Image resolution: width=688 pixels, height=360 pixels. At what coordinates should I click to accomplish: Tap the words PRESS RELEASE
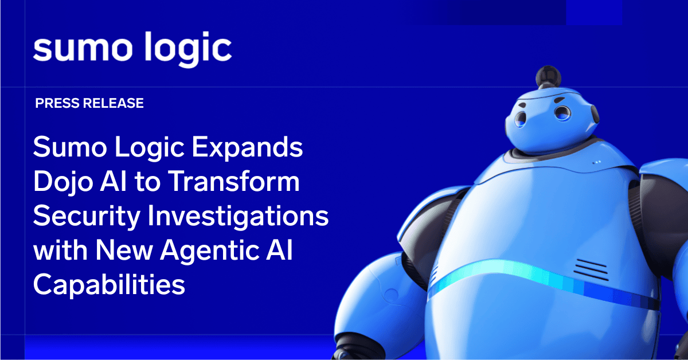pyautogui.click(x=89, y=104)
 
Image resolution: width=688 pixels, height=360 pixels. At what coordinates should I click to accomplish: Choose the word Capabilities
pyautogui.click(x=109, y=285)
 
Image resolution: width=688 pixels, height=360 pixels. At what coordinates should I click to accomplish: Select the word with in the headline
pyautogui.click(x=54, y=251)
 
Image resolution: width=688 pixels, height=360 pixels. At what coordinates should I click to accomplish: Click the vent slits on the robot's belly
pyautogui.click(x=591, y=268)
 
